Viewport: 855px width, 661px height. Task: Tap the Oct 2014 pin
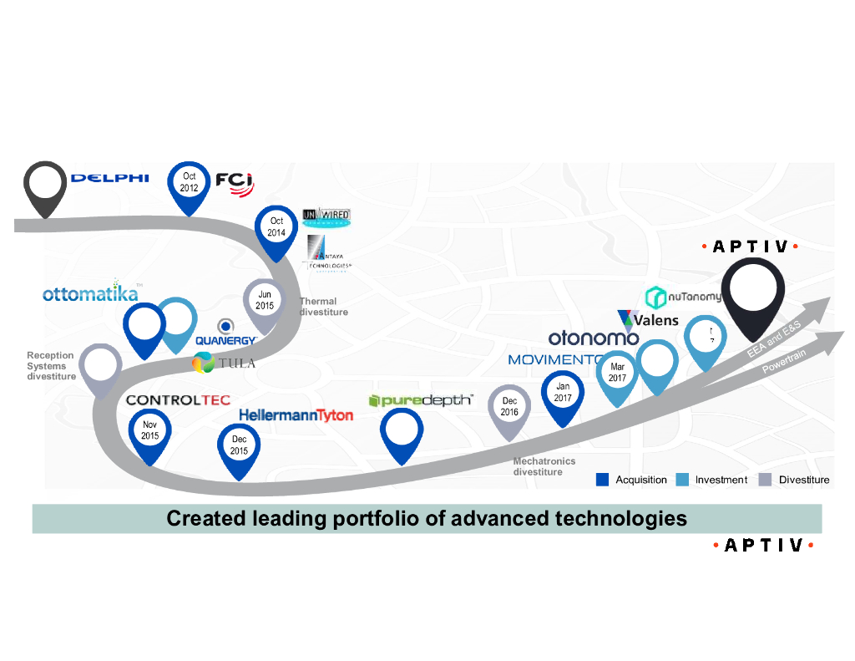pyautogui.click(x=276, y=227)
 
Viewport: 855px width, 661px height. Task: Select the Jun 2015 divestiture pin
pyautogui.click(x=265, y=301)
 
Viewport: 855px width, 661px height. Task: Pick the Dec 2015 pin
pyautogui.click(x=240, y=446)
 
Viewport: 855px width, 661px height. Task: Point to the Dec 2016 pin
pyautogui.click(x=509, y=407)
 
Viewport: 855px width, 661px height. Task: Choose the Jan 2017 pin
pyautogui.click(x=563, y=393)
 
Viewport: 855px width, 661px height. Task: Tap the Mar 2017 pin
pyautogui.click(x=618, y=374)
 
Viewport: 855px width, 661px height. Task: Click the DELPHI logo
pyautogui.click(x=110, y=177)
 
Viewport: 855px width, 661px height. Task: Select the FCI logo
pyautogui.click(x=234, y=181)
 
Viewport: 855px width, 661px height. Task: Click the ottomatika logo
pyautogui.click(x=90, y=294)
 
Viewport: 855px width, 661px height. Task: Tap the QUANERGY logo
pyautogui.click(x=225, y=333)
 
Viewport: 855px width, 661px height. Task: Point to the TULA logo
pyautogui.click(x=224, y=363)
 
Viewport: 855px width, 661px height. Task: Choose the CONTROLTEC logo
pyautogui.click(x=178, y=400)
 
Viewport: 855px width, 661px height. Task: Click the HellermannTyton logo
pyautogui.click(x=296, y=414)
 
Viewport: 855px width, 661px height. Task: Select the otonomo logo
pyautogui.click(x=594, y=338)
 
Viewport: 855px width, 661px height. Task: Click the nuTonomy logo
pyautogui.click(x=684, y=297)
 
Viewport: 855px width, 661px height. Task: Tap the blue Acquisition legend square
pyautogui.click(x=602, y=479)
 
